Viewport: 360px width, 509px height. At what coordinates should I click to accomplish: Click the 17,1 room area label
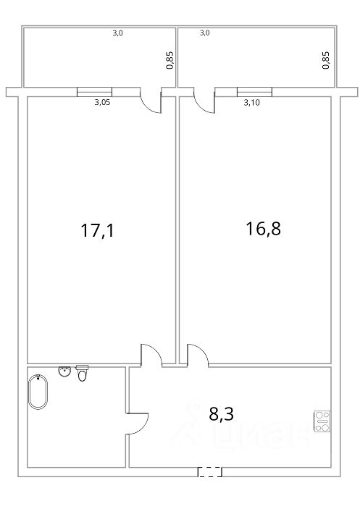click(97, 230)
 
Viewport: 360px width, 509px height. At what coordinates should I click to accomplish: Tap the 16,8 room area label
click(263, 228)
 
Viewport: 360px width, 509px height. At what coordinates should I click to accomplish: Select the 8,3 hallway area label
click(221, 414)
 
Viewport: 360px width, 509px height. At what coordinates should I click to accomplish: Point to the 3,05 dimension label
click(102, 102)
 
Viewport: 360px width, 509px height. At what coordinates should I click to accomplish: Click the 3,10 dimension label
click(251, 103)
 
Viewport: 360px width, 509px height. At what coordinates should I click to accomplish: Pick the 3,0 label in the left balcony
click(117, 33)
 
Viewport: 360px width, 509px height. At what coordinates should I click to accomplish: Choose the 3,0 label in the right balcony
click(204, 33)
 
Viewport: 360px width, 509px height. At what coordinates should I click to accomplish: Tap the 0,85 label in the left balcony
click(169, 60)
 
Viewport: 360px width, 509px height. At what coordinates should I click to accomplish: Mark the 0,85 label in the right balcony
click(325, 60)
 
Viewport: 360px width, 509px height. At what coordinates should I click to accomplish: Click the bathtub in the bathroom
click(38, 392)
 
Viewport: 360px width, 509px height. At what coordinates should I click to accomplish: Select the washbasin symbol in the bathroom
click(64, 371)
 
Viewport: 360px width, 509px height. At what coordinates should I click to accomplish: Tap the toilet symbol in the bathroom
click(82, 373)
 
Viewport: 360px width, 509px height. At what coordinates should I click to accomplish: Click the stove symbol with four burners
click(322, 421)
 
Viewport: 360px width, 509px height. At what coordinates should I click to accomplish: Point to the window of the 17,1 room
click(94, 92)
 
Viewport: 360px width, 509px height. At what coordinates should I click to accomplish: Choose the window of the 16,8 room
click(254, 92)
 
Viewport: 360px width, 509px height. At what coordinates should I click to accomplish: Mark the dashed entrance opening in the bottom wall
click(210, 472)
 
